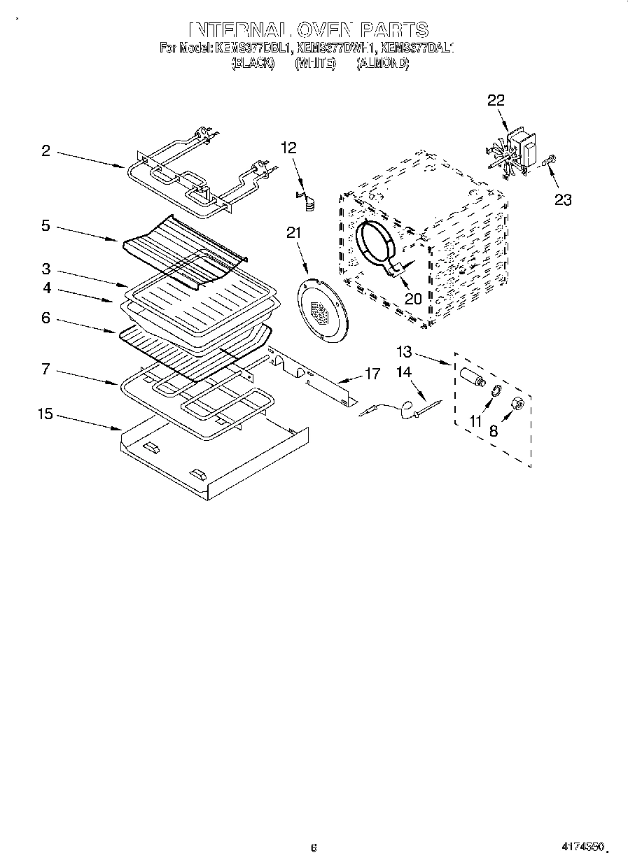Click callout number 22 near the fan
(x=496, y=101)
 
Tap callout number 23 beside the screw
(x=563, y=200)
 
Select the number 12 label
(x=288, y=148)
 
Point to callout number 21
(x=293, y=234)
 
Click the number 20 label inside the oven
(x=412, y=298)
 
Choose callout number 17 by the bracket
(x=372, y=374)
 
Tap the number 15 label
(x=45, y=414)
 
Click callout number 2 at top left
(x=46, y=150)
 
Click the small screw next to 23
(x=548, y=162)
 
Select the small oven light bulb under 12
(x=309, y=202)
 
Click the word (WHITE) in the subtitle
(x=315, y=64)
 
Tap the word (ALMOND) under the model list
(x=382, y=64)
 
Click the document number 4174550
(x=582, y=846)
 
